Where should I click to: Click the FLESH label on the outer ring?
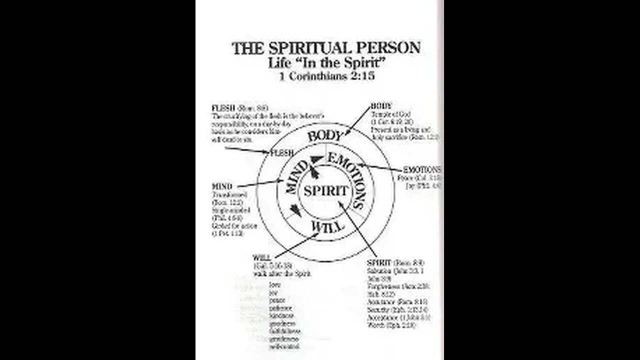tap(281, 153)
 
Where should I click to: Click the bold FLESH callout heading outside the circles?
tap(221, 107)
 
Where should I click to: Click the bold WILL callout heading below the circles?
tap(260, 257)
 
